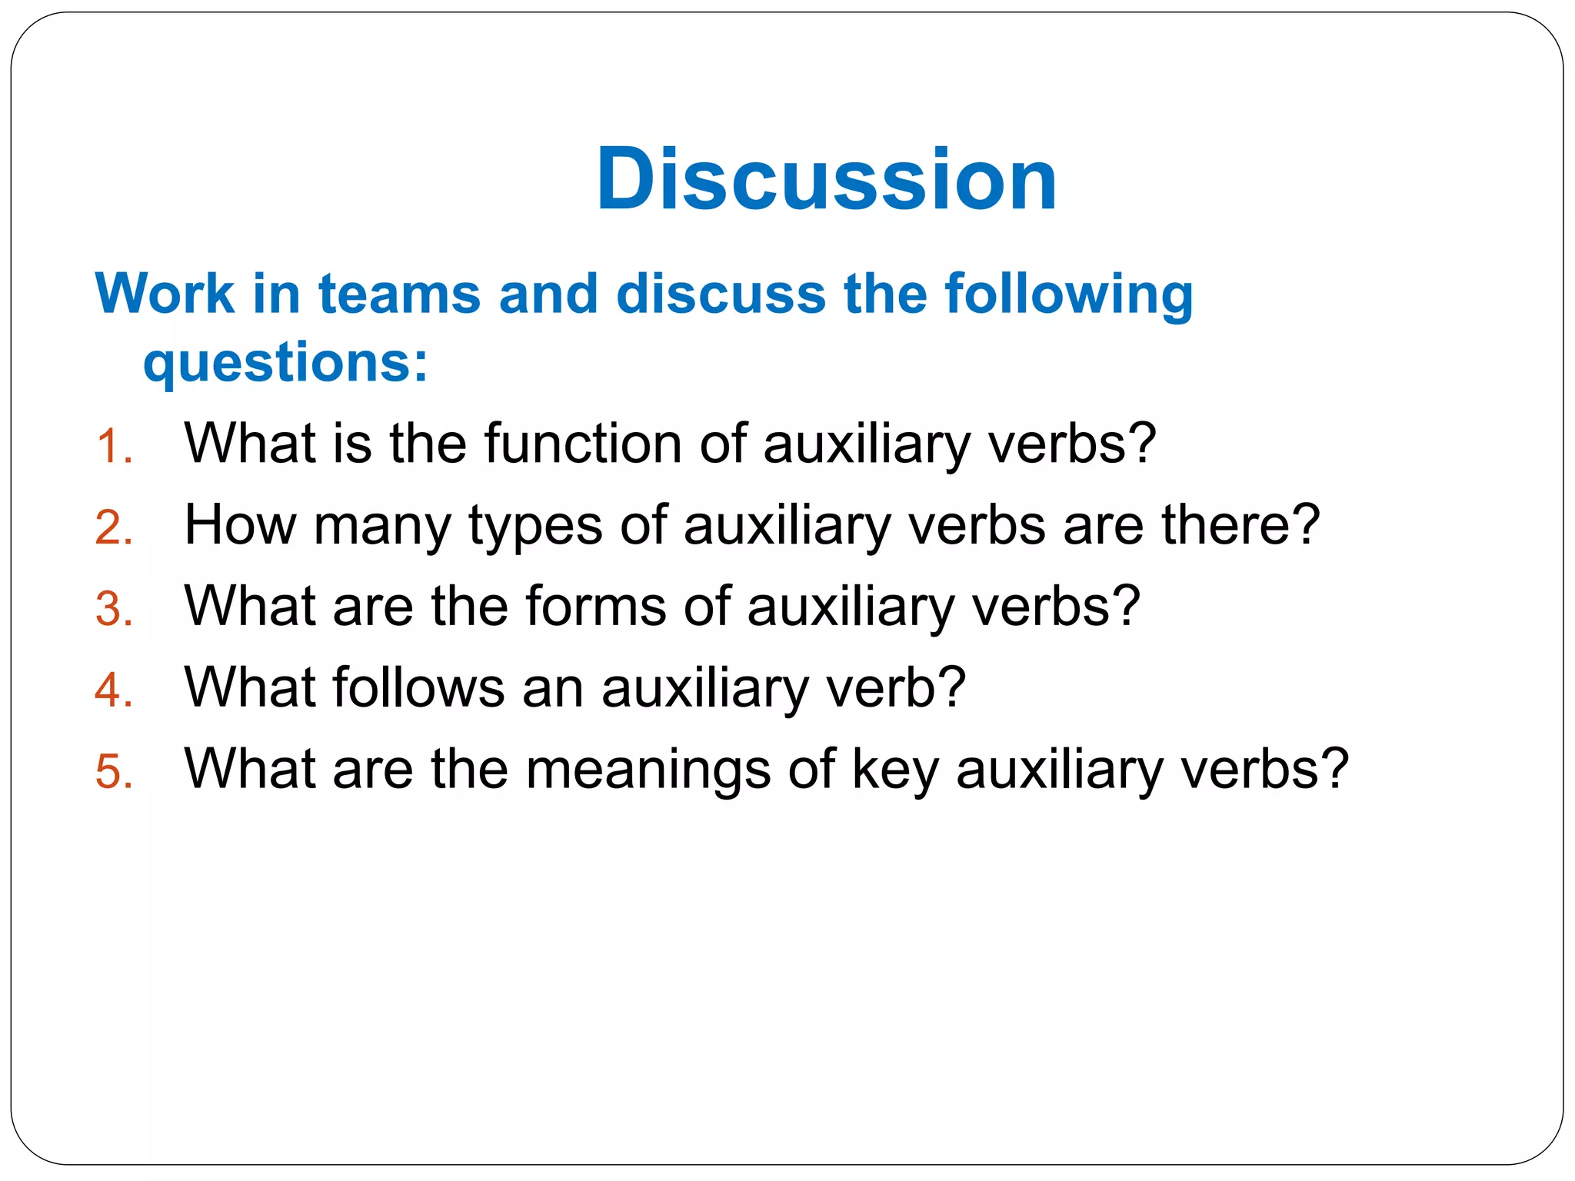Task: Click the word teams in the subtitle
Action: [x=399, y=294]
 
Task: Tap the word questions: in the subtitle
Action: [x=285, y=363]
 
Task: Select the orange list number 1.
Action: [x=114, y=447]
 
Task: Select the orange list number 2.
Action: [x=114, y=528]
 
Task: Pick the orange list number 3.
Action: [x=114, y=609]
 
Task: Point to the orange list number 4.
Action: [x=114, y=690]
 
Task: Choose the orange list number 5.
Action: [x=114, y=771]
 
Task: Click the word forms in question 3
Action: [x=595, y=606]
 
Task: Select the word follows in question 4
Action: [x=418, y=687]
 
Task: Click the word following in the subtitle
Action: [x=1069, y=295]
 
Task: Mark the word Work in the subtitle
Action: [x=165, y=294]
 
